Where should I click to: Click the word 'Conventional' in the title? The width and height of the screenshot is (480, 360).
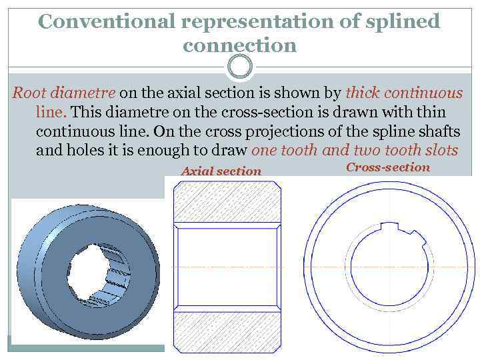pyautogui.click(x=107, y=21)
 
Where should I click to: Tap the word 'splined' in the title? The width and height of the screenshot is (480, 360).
pyautogui.click(x=404, y=21)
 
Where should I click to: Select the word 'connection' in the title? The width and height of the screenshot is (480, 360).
pyautogui.click(x=239, y=45)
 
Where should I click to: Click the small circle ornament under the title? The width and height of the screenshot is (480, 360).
pyautogui.click(x=240, y=66)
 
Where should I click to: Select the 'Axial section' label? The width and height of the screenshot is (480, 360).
pyautogui.click(x=221, y=171)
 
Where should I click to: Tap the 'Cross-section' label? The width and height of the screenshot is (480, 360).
pyautogui.click(x=388, y=167)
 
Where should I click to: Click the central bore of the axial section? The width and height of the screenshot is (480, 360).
pyautogui.click(x=227, y=267)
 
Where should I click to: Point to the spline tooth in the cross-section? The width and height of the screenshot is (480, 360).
pyautogui.click(x=399, y=229)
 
